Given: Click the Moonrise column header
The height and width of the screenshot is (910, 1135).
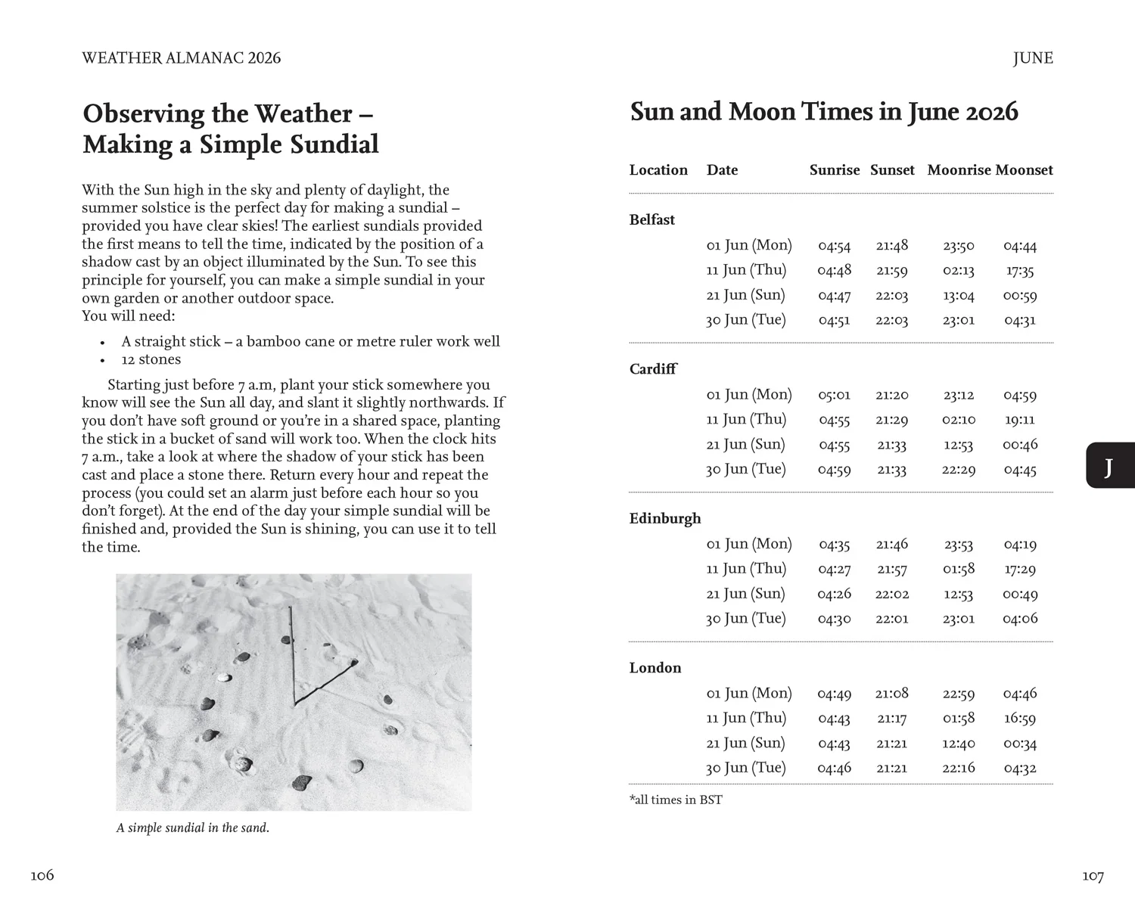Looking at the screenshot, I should point(958,170).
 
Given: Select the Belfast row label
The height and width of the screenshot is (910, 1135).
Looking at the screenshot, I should point(651,220).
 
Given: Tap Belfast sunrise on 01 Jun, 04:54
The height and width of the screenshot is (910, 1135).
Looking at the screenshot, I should point(834,246).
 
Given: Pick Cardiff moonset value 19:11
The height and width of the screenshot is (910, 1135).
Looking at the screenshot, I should point(1019,420).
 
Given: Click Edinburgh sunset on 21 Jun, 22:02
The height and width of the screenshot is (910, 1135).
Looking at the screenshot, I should point(892,595).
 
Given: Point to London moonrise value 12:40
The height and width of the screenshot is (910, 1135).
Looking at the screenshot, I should point(958,744).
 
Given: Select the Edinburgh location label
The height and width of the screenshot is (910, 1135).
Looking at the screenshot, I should point(664,519).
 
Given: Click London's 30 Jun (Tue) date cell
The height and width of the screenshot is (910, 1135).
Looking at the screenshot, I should point(745,768).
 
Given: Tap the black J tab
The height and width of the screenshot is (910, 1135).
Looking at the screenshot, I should point(1109,466).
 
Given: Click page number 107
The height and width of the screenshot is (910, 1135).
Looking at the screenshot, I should point(1092,876).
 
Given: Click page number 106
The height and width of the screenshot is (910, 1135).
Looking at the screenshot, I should point(42,875).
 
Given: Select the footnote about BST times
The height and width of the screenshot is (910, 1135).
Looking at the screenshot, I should point(675,800).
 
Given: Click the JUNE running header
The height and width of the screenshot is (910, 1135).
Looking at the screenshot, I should point(1032,58).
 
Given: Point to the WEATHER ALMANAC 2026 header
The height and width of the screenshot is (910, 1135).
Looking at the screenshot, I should point(181,58).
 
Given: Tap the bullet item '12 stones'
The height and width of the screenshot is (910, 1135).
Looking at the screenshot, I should point(151,360).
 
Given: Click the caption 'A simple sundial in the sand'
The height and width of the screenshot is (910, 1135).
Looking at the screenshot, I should point(192,828).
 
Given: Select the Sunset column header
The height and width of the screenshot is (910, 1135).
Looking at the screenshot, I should point(892,170).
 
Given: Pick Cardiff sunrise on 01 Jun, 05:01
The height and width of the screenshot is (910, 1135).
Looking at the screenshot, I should point(834,395).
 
